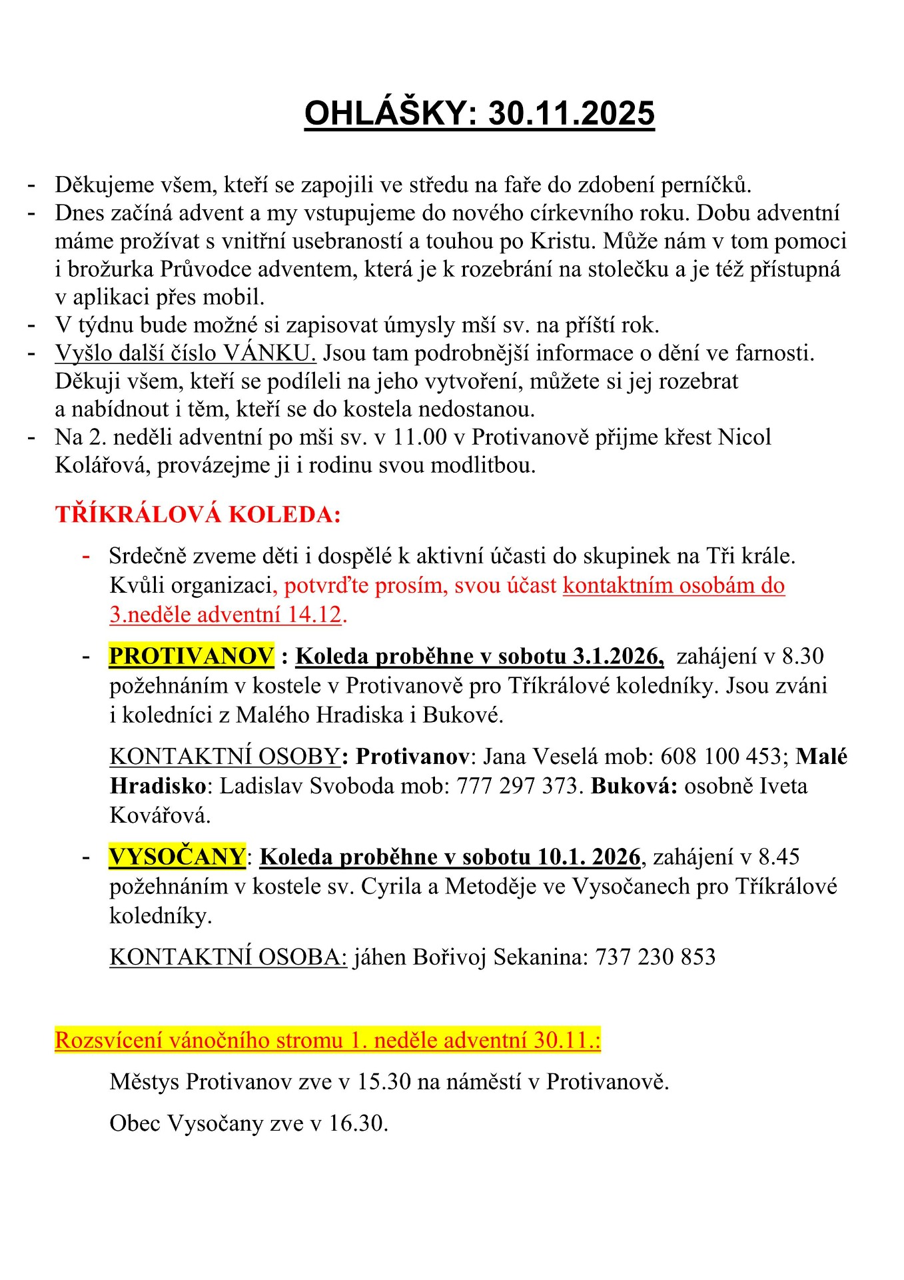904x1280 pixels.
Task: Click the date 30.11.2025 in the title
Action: pyautogui.click(x=572, y=113)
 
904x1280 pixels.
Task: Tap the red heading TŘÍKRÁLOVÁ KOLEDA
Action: pyautogui.click(x=198, y=515)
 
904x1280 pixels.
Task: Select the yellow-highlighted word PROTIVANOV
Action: pyautogui.click(x=191, y=656)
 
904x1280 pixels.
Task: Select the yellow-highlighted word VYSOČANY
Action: pyautogui.click(x=177, y=857)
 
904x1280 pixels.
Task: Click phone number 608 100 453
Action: pyautogui.click(x=720, y=757)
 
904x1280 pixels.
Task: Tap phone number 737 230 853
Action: pyautogui.click(x=655, y=957)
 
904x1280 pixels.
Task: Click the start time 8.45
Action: pyautogui.click(x=779, y=857)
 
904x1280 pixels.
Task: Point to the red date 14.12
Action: pyautogui.click(x=317, y=615)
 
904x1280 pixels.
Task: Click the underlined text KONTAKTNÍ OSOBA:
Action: pyautogui.click(x=228, y=957)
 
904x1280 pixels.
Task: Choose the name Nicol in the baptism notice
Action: pyautogui.click(x=745, y=437)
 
